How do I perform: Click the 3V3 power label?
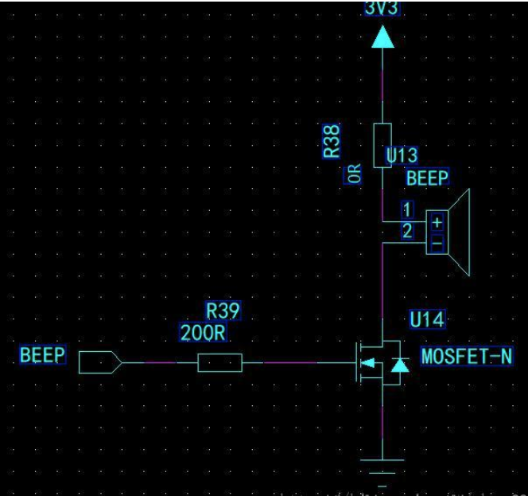point(382,8)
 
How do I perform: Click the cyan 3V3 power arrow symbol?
point(382,36)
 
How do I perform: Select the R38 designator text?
point(334,140)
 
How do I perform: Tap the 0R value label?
point(355,174)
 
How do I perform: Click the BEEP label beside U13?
point(427,178)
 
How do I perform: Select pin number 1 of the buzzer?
point(407,211)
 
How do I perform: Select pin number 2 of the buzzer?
point(407,231)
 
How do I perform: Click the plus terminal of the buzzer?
point(436,222)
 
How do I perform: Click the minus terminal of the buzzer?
point(436,243)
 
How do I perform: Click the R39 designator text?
point(223,310)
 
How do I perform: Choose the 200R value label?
point(203,334)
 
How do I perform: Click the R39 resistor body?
point(219,363)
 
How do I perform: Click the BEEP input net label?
point(42,355)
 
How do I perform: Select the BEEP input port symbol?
point(100,363)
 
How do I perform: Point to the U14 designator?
point(427,320)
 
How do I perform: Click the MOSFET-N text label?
point(467,356)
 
